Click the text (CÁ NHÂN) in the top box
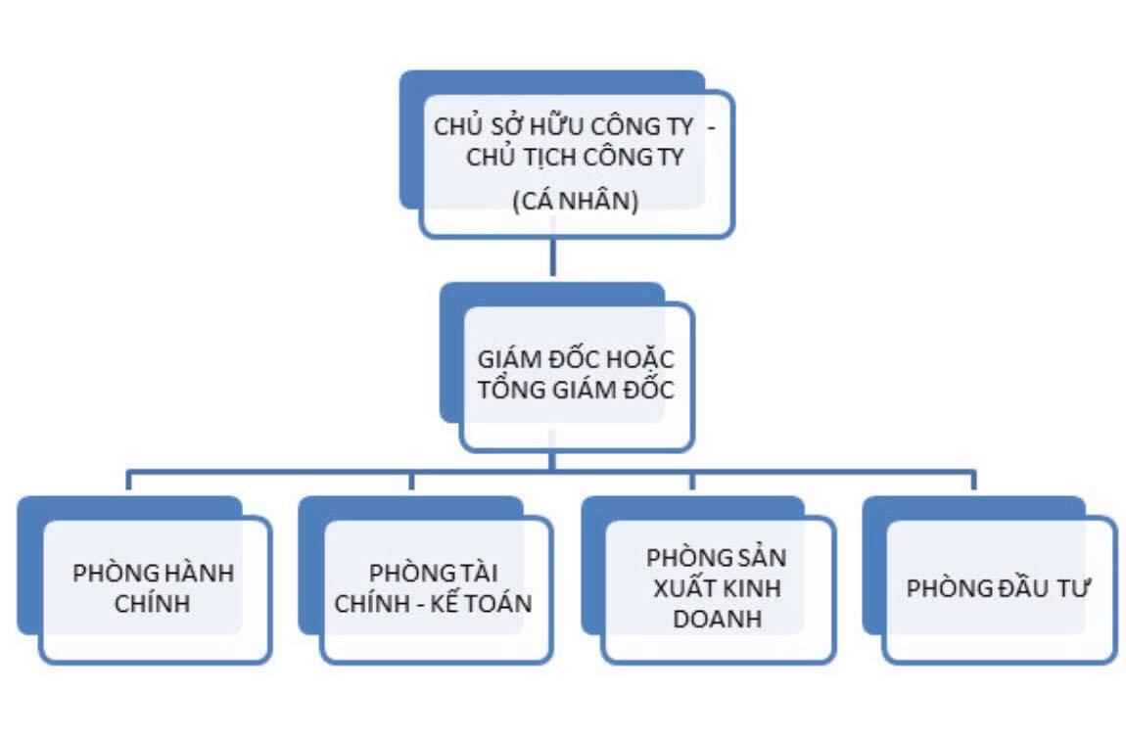coord(575,202)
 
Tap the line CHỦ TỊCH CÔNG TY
coord(575,158)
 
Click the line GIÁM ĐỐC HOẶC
coord(576,358)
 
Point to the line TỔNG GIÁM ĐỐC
coord(576,390)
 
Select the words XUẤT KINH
coord(717,589)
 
